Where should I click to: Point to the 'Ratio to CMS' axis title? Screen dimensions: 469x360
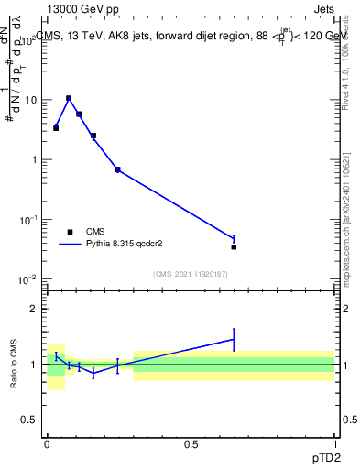14,365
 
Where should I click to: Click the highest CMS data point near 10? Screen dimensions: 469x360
69,99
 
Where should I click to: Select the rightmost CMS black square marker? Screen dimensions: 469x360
234,246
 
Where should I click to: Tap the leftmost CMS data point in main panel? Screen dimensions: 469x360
56,128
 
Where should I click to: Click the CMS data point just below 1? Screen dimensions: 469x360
117,169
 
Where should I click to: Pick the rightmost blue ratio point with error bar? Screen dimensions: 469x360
234,339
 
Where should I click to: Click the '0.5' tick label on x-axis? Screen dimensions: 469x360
191,443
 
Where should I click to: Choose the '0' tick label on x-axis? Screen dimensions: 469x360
47,443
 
